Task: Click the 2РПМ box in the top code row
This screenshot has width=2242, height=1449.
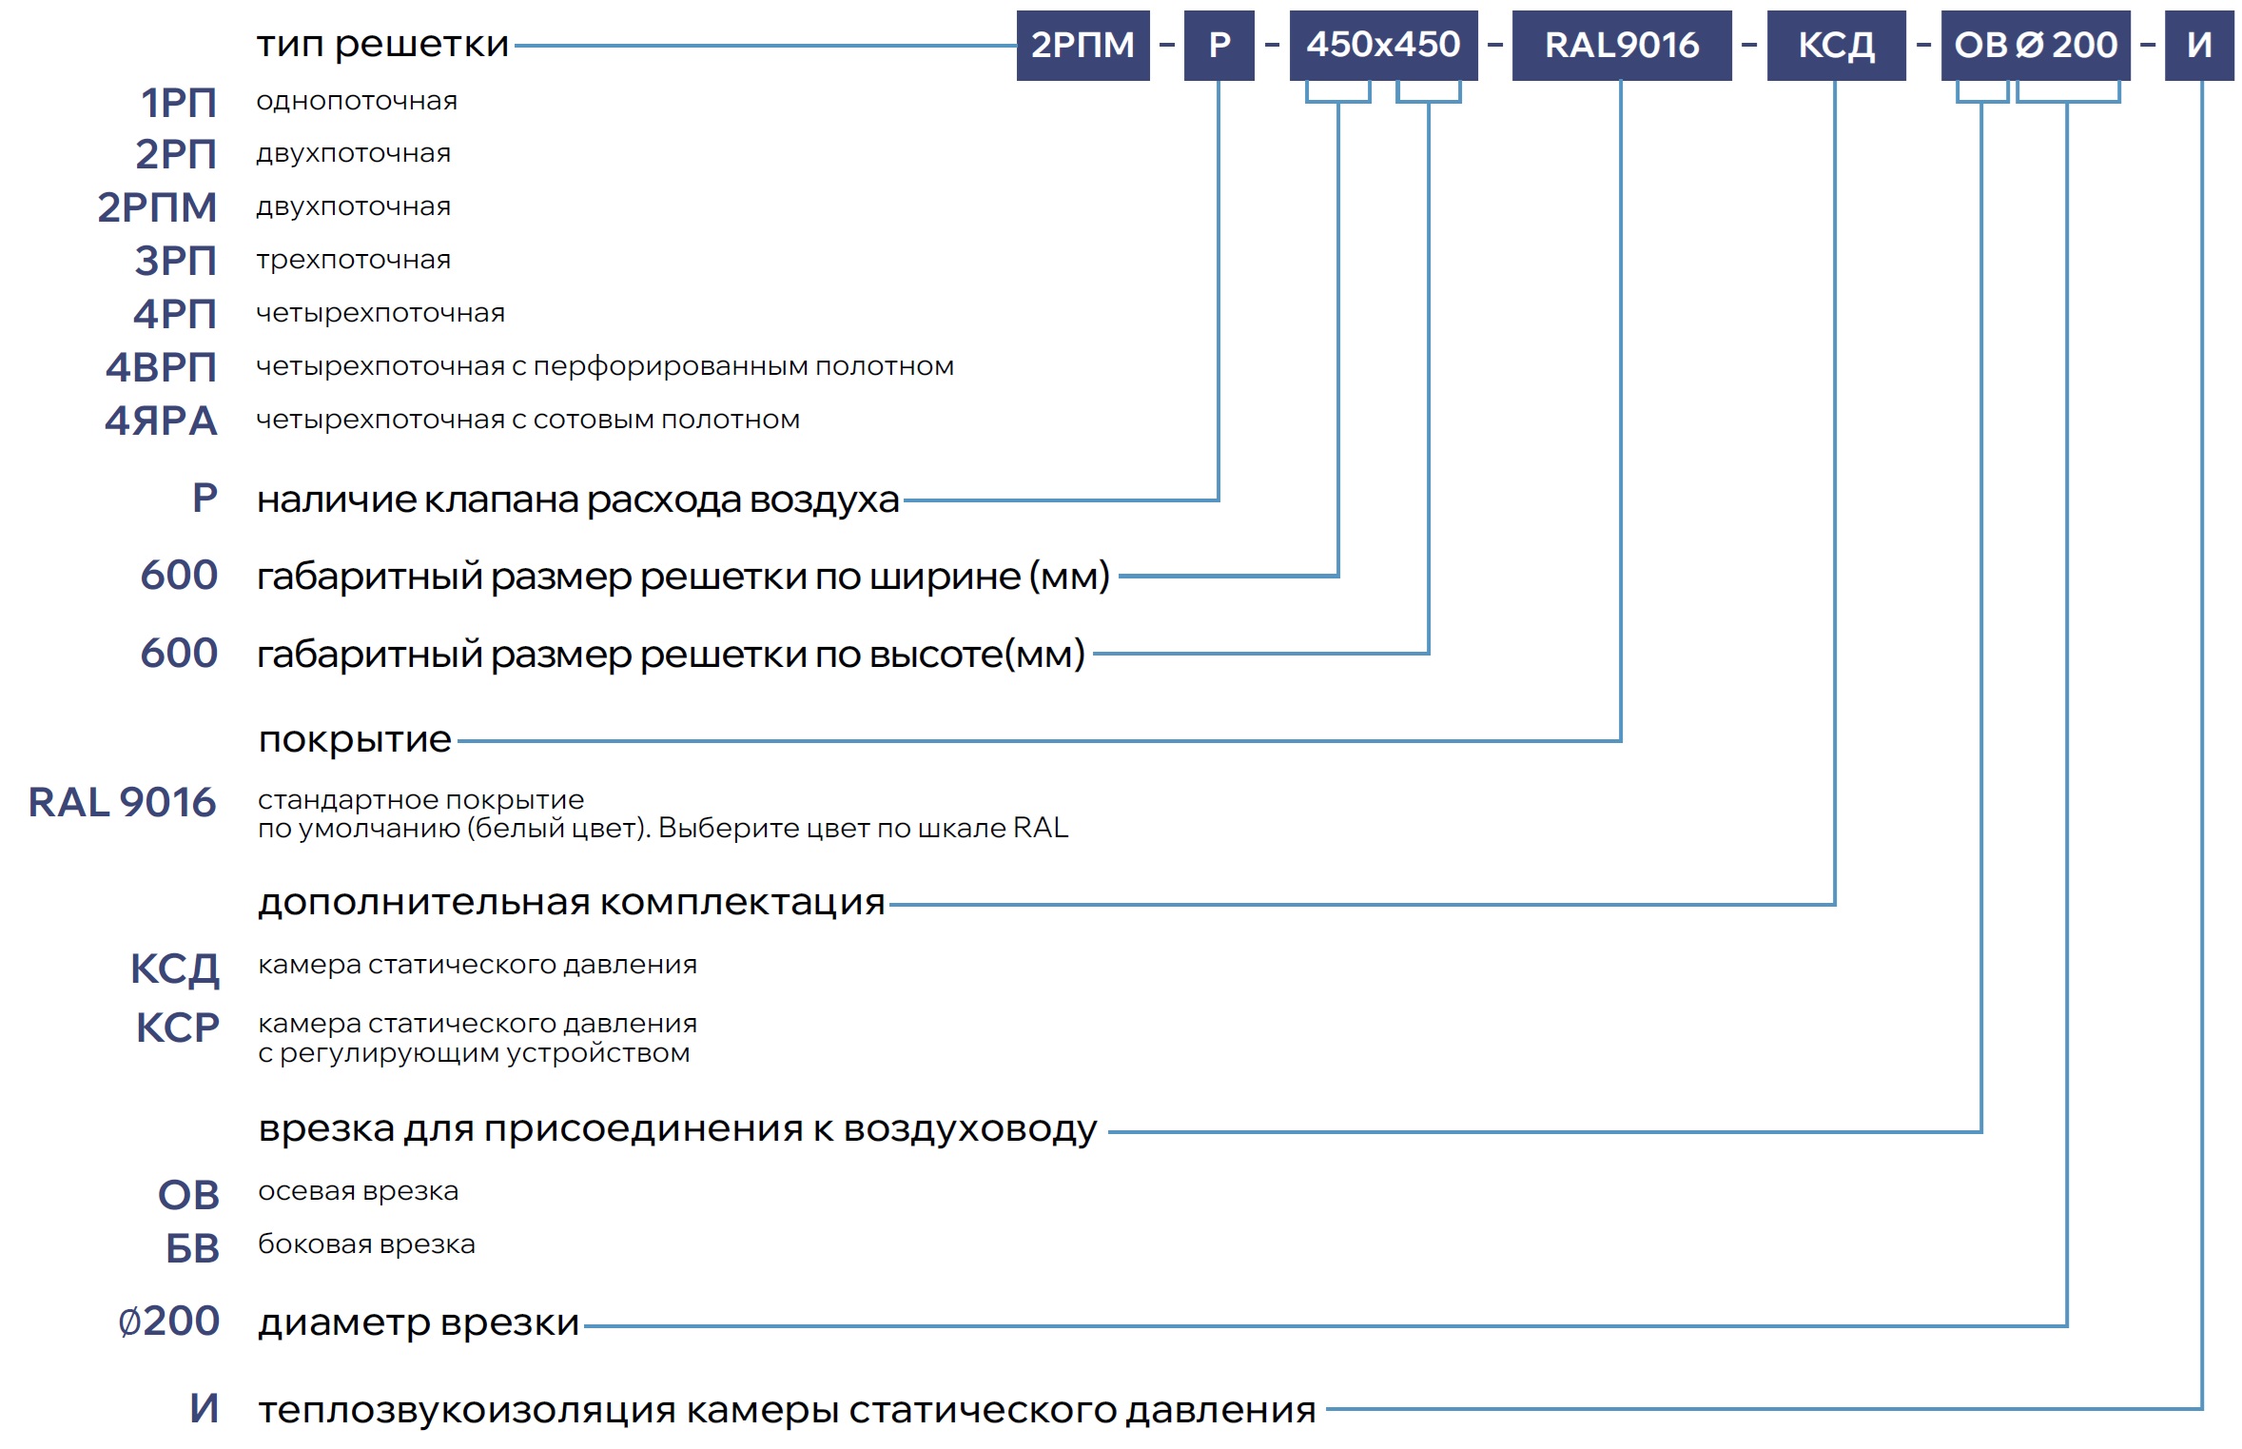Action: pyautogui.click(x=1082, y=45)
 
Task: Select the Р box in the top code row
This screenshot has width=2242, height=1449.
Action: pyautogui.click(x=1218, y=45)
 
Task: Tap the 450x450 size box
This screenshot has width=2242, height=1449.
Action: pyautogui.click(x=1382, y=45)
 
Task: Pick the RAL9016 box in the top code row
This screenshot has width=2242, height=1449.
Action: pyautogui.click(x=1621, y=45)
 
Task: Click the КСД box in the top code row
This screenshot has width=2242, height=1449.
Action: pyautogui.click(x=1835, y=45)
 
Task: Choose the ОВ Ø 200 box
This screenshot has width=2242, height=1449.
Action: pyautogui.click(x=2035, y=45)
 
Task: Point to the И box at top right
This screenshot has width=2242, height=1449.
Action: pyautogui.click(x=2198, y=45)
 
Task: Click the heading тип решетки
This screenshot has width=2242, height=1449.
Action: pyautogui.click(x=382, y=44)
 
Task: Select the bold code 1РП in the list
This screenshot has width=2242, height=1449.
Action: pyautogui.click(x=179, y=103)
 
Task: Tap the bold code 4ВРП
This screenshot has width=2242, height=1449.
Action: pyautogui.click(x=161, y=367)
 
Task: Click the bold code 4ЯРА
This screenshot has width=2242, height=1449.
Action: pyautogui.click(x=161, y=421)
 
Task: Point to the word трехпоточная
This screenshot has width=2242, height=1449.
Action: pyautogui.click(x=353, y=260)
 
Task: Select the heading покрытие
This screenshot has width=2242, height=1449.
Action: pyautogui.click(x=355, y=739)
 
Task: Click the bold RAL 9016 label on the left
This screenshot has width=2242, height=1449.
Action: pyautogui.click(x=122, y=802)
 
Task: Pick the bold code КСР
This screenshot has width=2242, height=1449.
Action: pyautogui.click(x=178, y=1028)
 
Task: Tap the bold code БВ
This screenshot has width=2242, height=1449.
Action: pyautogui.click(x=192, y=1248)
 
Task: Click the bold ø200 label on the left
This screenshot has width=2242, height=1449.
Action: pyautogui.click(x=168, y=1321)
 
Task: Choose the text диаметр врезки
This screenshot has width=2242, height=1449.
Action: pyautogui.click(x=419, y=1322)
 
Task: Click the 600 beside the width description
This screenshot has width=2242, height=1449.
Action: pyautogui.click(x=179, y=575)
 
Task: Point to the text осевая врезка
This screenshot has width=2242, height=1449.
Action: pyautogui.click(x=358, y=1191)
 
